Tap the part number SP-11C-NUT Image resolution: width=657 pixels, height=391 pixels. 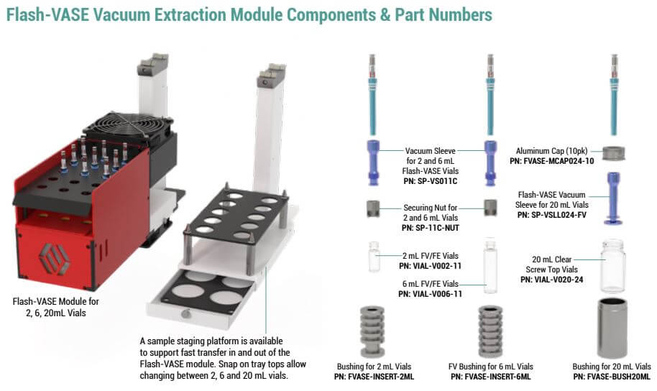click(x=437, y=227)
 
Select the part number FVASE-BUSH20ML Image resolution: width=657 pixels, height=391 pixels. click(x=611, y=377)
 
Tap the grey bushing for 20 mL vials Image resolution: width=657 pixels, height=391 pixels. click(x=612, y=328)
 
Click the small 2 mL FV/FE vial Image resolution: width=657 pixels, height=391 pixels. click(x=374, y=257)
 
